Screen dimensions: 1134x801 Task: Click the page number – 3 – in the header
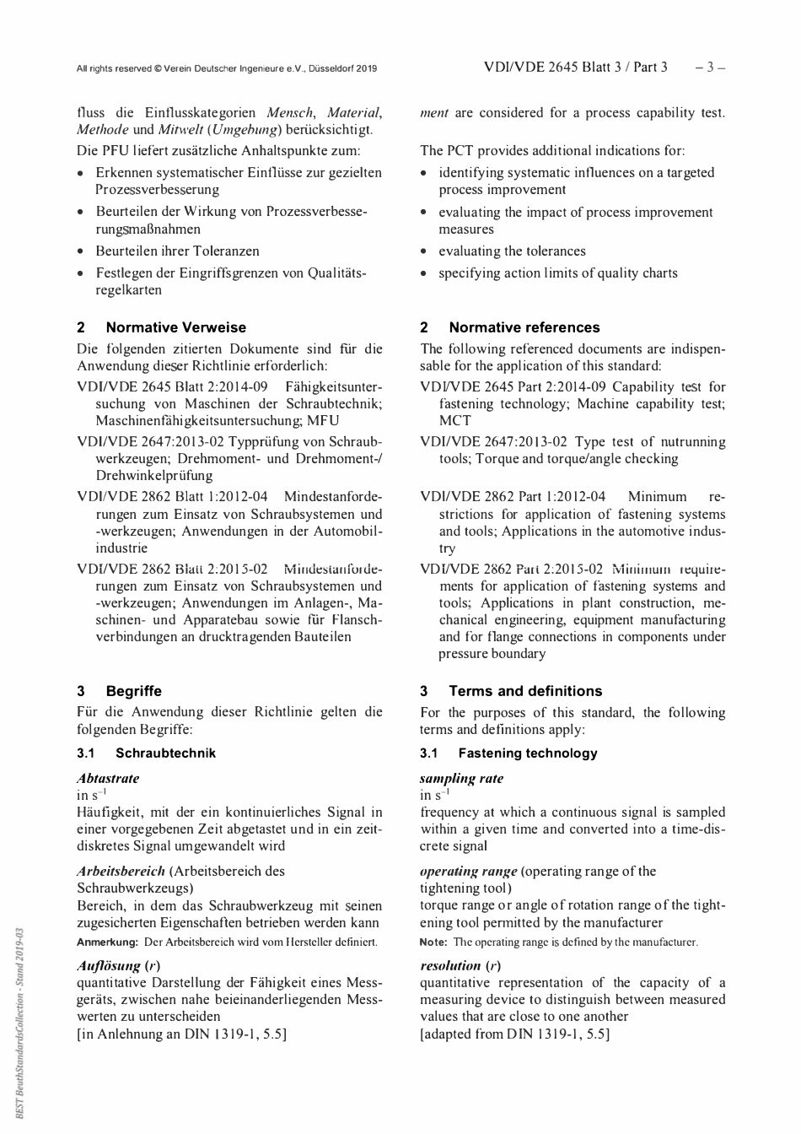(710, 67)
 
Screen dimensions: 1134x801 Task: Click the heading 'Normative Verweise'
(175, 327)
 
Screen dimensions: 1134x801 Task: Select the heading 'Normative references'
(524, 327)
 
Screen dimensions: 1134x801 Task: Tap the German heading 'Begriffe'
(133, 691)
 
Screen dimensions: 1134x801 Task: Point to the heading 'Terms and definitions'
(524, 691)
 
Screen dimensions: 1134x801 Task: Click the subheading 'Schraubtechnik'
(165, 753)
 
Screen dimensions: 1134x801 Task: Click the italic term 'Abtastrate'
(108, 778)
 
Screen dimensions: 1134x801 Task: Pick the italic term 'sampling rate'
(461, 778)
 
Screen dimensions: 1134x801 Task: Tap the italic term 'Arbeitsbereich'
(121, 871)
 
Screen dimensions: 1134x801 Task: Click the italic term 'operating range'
(468, 871)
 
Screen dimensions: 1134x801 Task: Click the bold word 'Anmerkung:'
(107, 942)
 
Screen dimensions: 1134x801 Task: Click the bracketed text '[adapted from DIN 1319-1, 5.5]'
(514, 1034)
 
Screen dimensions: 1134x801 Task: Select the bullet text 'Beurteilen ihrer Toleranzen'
(177, 251)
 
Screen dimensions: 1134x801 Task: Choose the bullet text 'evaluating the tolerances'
(512, 251)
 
